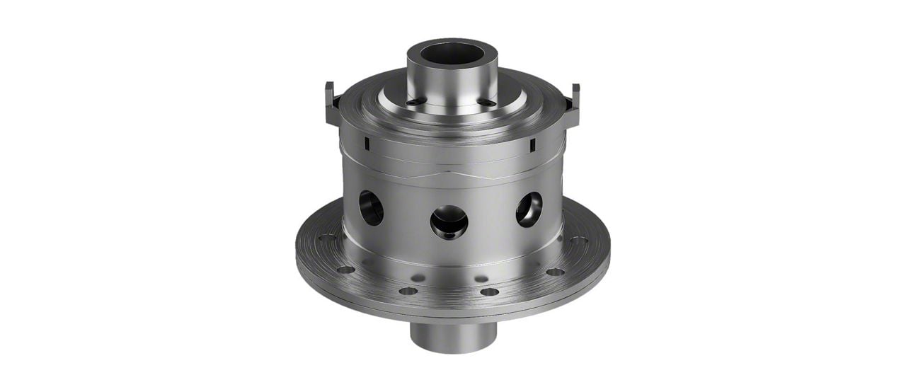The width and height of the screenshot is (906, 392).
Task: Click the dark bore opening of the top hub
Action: (x=452, y=54)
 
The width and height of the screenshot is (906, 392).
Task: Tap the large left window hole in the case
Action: (x=371, y=207)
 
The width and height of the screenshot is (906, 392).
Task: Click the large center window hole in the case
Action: (x=449, y=221)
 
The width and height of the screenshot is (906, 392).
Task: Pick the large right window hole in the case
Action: (x=529, y=209)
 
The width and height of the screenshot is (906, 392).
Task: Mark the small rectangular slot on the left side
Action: (x=367, y=144)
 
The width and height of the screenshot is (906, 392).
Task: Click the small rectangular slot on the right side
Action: (x=532, y=145)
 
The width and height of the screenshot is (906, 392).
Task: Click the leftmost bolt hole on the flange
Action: (x=326, y=239)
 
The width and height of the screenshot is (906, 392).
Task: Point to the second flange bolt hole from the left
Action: (x=345, y=270)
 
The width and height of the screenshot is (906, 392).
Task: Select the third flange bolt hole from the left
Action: (x=408, y=290)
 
